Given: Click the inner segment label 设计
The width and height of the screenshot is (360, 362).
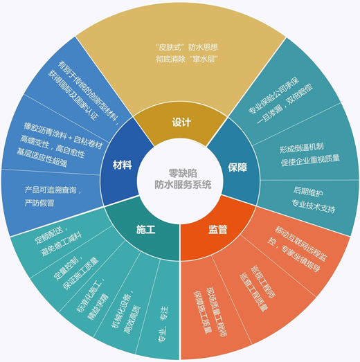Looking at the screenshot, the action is (181, 122).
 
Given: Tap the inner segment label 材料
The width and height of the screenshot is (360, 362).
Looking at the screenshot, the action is (122, 165).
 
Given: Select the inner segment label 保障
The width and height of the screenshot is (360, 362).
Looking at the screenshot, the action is (237, 167).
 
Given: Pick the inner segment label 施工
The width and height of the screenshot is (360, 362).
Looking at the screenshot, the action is (145, 230).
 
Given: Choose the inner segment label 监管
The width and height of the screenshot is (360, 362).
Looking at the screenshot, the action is (218, 230).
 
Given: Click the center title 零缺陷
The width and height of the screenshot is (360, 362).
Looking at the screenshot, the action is (183, 173).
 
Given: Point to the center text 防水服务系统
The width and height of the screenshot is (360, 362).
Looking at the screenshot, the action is (183, 185).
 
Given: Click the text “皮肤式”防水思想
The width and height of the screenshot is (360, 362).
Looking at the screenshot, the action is (187, 47).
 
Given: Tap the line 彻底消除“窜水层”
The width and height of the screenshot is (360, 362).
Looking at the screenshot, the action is (187, 59).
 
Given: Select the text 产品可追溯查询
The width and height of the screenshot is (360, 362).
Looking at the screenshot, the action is (51, 190).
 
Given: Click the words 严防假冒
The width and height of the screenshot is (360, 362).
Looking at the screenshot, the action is (39, 203).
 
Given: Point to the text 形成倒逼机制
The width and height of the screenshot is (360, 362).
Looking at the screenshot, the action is (302, 148).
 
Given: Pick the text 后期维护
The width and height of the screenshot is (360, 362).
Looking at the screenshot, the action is (308, 192).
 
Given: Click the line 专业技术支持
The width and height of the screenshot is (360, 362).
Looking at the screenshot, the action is (313, 206).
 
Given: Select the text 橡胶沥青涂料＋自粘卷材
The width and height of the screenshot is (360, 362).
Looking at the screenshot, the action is (63, 136).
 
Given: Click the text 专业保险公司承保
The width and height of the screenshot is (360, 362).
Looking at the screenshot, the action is (273, 95).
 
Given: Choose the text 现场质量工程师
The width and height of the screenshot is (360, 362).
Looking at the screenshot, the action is (216, 312).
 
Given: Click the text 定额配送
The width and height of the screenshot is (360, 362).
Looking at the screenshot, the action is (50, 235).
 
